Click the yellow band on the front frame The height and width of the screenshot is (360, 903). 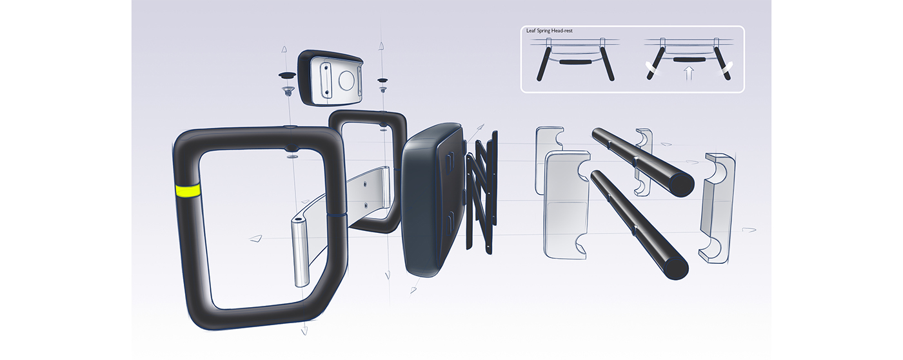187,191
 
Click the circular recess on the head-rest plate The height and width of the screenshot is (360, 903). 346,81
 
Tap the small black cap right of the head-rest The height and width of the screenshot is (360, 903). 382,79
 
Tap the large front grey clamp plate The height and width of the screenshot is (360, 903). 566,206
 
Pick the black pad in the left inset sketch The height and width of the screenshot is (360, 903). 575,63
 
